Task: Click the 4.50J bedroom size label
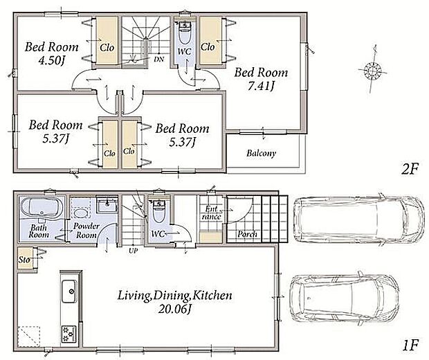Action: (52, 60)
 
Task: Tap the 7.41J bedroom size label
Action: (261, 87)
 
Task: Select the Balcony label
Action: (261, 153)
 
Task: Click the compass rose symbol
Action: (372, 70)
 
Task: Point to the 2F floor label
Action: (410, 170)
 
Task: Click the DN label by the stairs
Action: (158, 59)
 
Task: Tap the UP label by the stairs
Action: (134, 250)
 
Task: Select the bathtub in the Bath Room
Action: (42, 208)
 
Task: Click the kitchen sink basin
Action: (69, 291)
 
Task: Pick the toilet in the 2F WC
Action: (185, 34)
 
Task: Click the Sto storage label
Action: (24, 259)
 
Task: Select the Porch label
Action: (247, 234)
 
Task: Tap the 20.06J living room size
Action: (174, 309)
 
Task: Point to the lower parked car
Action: (344, 298)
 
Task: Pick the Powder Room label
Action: (86, 231)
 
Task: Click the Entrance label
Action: (212, 213)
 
